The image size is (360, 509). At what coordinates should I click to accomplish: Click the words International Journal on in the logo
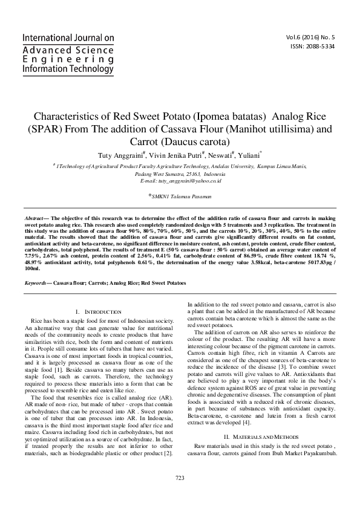tap(68, 37)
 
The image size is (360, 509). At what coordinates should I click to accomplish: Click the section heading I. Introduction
tap(98, 310)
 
